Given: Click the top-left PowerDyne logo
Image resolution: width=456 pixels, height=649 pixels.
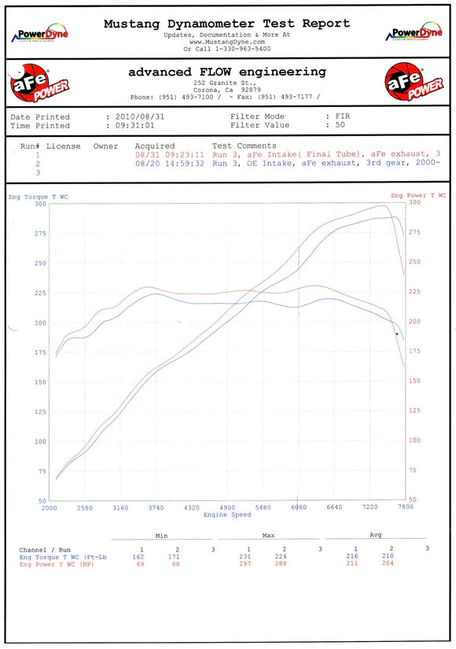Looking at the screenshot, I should (x=39, y=34).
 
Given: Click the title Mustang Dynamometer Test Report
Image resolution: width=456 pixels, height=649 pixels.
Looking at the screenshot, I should (x=226, y=24).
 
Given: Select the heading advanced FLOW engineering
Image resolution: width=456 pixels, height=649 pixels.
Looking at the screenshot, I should (x=226, y=72).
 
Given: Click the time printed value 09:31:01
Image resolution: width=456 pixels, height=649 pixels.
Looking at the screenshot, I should (x=137, y=125).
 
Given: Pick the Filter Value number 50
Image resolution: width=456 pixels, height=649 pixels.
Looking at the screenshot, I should (x=340, y=125).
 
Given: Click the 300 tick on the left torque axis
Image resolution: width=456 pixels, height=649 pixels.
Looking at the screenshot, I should (x=40, y=204).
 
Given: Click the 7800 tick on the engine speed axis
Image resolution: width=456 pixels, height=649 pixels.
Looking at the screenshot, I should (x=405, y=507).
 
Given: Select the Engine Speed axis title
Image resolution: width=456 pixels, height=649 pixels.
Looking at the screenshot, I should (x=226, y=514).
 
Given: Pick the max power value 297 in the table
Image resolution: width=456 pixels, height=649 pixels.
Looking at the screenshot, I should (x=248, y=564).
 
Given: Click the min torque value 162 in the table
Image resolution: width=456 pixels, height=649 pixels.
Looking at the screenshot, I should (x=138, y=557).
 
